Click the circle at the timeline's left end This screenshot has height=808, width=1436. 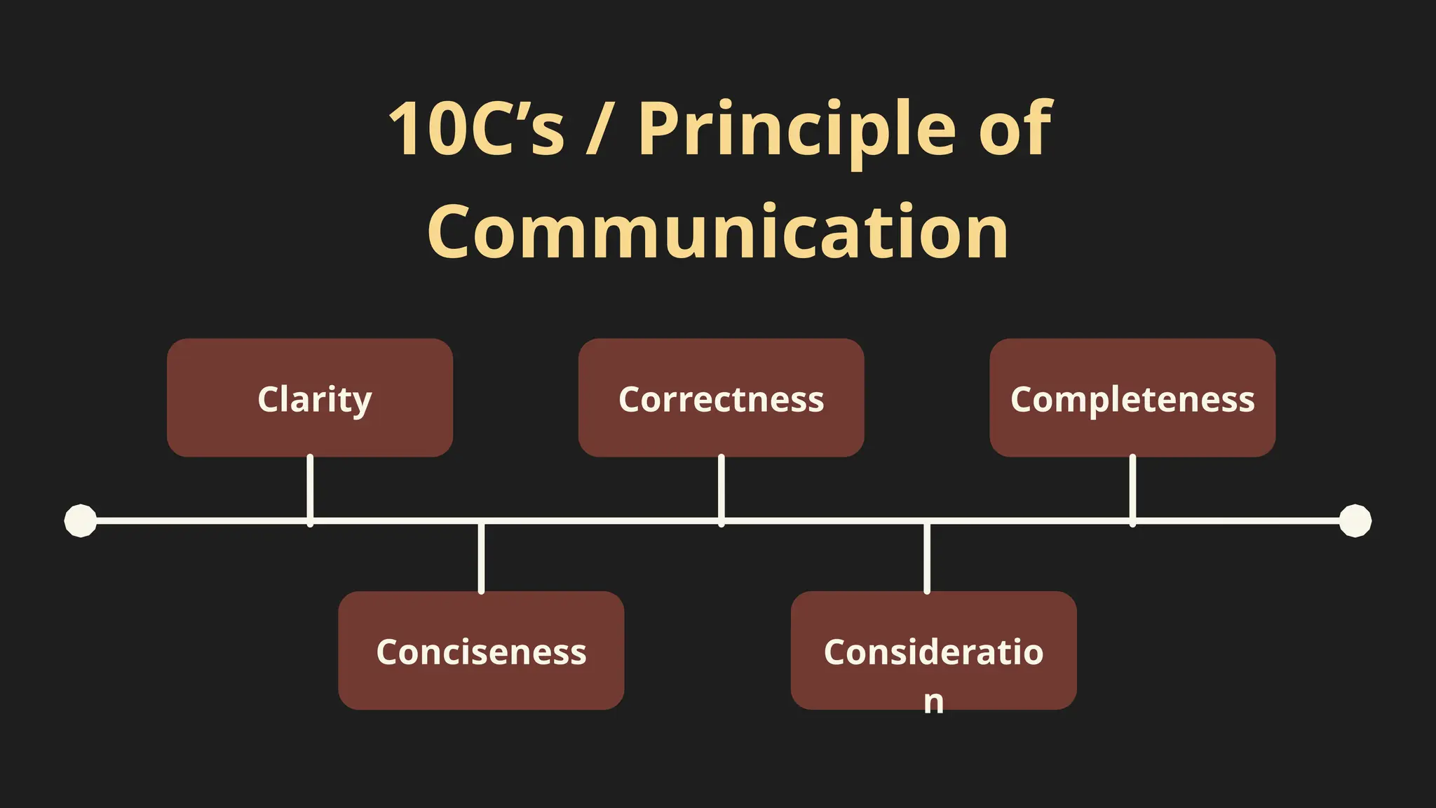81,520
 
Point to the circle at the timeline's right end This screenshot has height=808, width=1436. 1355,520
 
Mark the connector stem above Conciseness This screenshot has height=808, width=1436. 481,558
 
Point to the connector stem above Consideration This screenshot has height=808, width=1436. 927,558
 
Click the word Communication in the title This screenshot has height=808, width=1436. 718,231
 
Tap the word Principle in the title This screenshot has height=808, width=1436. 797,130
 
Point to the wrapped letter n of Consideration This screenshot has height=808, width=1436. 933,701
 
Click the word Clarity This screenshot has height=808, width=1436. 314,400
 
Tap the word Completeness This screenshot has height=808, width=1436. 1132,400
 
